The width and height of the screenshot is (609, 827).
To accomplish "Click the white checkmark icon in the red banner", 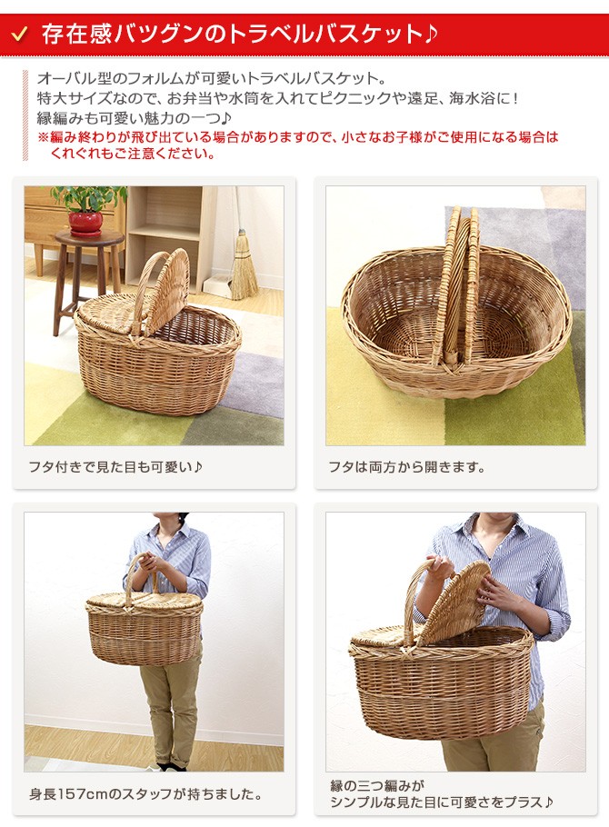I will pyautogui.click(x=21, y=35).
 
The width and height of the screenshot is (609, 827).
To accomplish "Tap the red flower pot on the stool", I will pyautogui.click(x=86, y=222).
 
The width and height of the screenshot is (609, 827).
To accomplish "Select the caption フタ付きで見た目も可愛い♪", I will pyautogui.click(x=115, y=467).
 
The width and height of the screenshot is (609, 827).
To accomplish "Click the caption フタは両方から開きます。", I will pyautogui.click(x=406, y=467).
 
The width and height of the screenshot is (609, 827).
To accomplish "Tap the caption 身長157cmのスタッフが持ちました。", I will pyautogui.click(x=145, y=793).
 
